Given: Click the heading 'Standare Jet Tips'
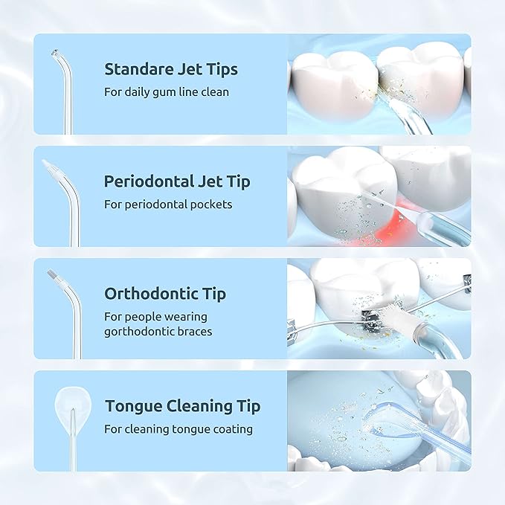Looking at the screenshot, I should pyautogui.click(x=171, y=69).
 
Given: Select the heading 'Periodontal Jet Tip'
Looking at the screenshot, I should pyautogui.click(x=177, y=181).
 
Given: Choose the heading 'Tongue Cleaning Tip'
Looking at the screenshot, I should pyautogui.click(x=182, y=406).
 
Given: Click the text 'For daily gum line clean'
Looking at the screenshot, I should pyautogui.click(x=167, y=92).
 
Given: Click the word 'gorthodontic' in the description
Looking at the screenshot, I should pyautogui.click(x=138, y=331).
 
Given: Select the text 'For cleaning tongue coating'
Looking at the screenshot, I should pyautogui.click(x=178, y=429).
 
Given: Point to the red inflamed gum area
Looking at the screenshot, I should pyautogui.click(x=398, y=219).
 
